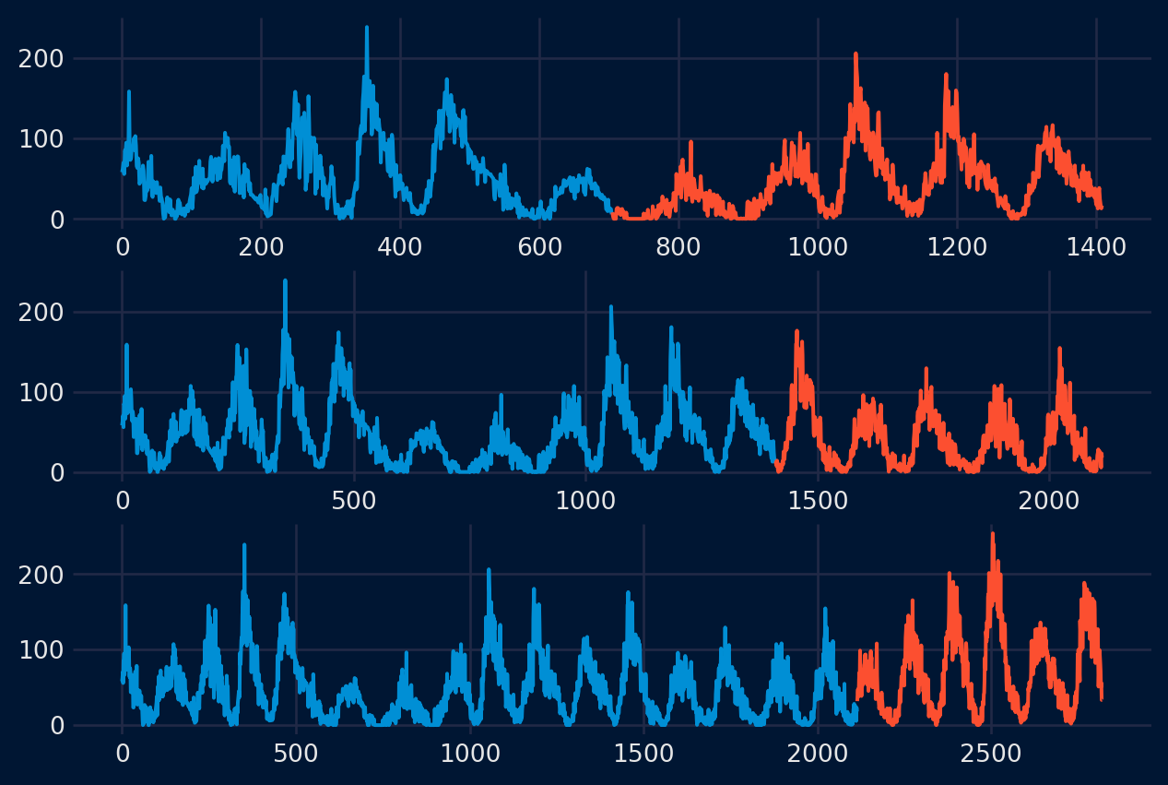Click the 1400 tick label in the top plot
pos(1096,247)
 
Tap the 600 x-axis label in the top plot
pos(539,247)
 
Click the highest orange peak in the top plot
pos(855,54)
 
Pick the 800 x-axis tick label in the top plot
pos(678,247)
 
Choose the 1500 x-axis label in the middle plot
pos(818,501)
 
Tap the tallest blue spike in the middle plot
pos(285,281)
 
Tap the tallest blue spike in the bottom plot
pos(244,545)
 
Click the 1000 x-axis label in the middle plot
pos(585,501)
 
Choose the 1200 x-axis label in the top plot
pos(957,247)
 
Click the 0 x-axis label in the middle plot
pos(123,501)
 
